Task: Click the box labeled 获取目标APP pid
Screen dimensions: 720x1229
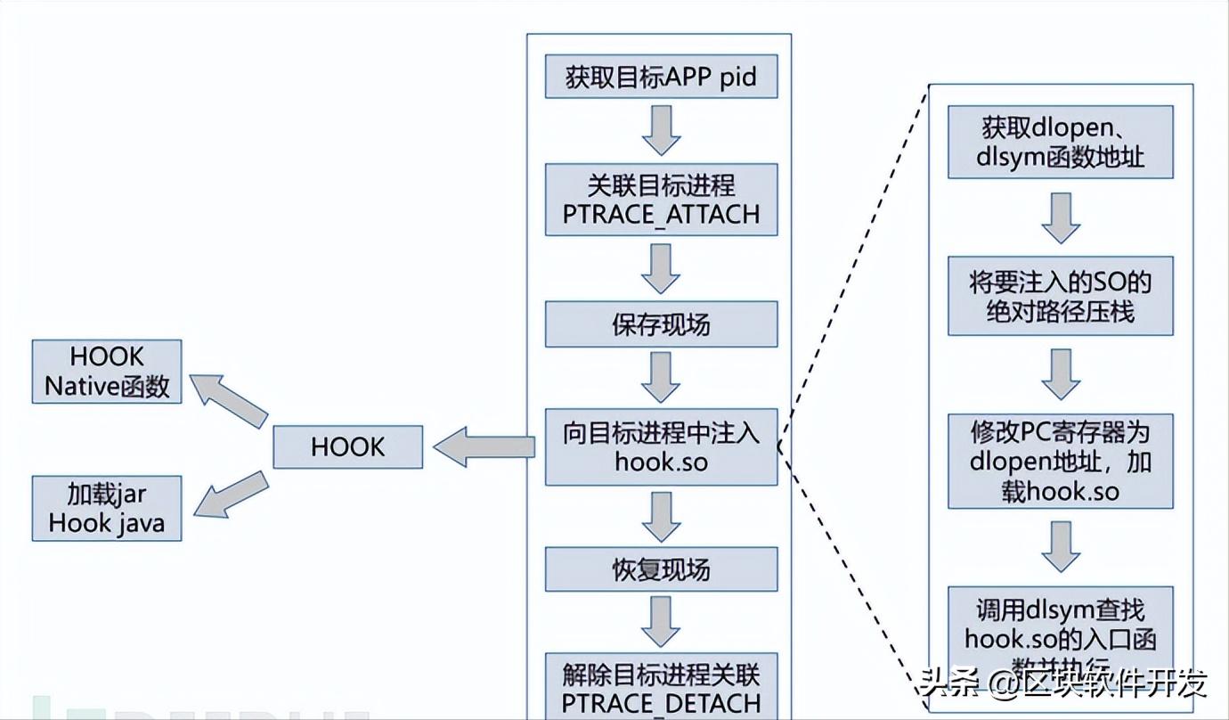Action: point(661,77)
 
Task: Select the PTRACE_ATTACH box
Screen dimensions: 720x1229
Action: point(661,199)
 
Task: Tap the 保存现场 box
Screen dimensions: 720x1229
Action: point(661,324)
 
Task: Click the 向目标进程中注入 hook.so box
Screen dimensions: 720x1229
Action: point(661,446)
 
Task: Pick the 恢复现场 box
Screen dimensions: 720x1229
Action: point(661,569)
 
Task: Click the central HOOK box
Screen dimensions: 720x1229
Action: point(347,446)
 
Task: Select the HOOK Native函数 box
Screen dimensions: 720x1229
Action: point(107,372)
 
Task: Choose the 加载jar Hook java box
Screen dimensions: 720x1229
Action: point(107,508)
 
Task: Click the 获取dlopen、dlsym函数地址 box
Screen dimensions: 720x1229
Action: point(1060,142)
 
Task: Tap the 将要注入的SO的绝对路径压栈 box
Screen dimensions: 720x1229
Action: point(1060,296)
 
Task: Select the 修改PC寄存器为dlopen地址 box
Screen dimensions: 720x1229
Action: point(1060,461)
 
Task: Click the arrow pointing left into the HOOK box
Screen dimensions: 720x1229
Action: point(484,446)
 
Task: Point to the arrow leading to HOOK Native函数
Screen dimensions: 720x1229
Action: point(230,400)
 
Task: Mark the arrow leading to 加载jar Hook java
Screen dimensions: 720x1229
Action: point(230,495)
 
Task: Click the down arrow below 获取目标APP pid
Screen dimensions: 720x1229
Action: point(661,130)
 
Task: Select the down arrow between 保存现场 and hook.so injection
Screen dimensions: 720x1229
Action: point(661,377)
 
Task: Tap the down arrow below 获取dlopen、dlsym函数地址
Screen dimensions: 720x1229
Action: point(1060,217)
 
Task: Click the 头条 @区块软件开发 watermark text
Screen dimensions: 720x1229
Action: point(1064,683)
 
